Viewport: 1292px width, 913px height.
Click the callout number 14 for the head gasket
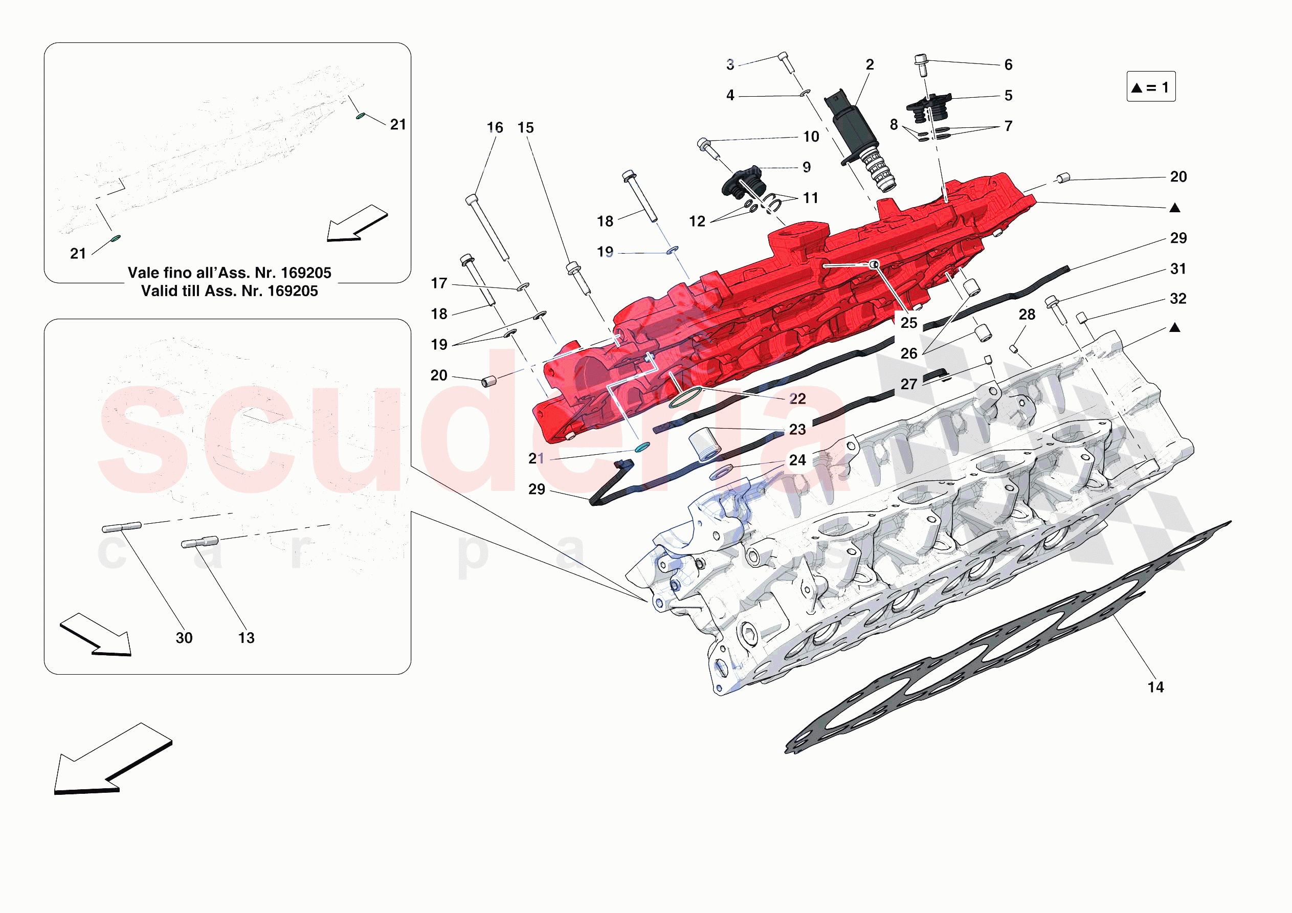(x=1155, y=687)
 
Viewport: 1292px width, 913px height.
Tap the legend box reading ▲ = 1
(x=1151, y=86)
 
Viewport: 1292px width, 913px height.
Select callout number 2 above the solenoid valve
(x=870, y=65)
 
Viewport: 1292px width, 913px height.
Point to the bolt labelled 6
(x=921, y=65)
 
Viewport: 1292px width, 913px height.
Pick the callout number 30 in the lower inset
(x=184, y=638)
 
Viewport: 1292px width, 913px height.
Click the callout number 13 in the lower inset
(x=247, y=638)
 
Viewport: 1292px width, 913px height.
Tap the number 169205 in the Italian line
(x=306, y=273)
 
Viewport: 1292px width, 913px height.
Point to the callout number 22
(x=797, y=399)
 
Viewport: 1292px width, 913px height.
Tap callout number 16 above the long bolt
(x=495, y=128)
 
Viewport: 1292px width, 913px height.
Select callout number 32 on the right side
(x=1178, y=299)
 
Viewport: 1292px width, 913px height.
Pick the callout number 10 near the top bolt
(x=811, y=137)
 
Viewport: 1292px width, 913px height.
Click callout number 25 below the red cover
(x=909, y=323)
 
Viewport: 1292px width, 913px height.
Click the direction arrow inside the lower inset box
(x=96, y=634)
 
